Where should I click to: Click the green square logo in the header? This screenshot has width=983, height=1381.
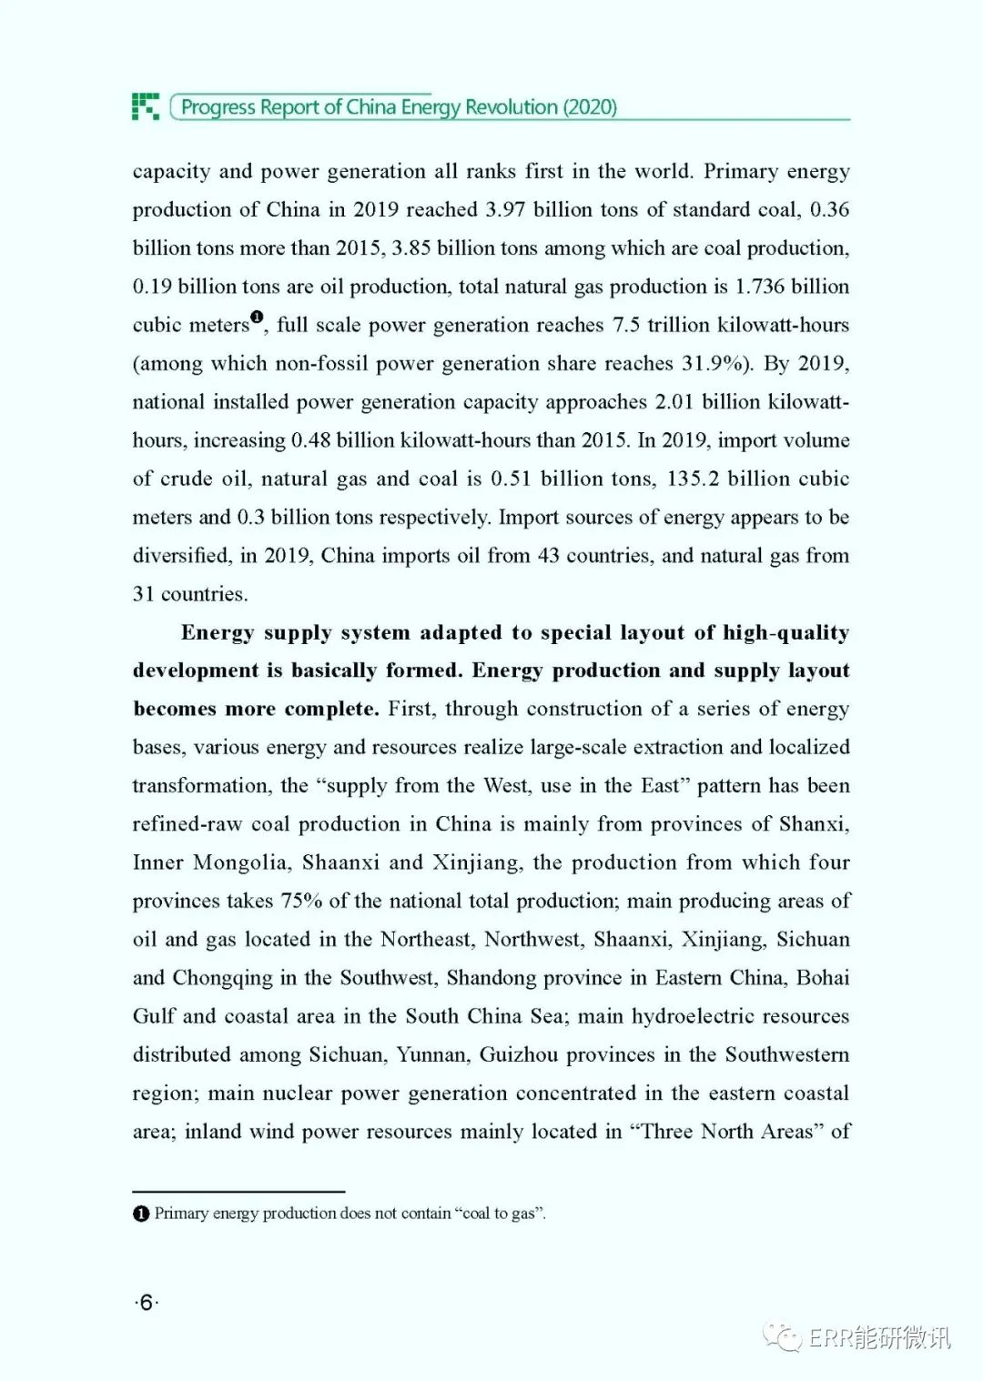[x=146, y=106]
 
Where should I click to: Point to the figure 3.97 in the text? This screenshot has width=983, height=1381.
[x=503, y=210]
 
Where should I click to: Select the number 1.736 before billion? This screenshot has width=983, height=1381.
[x=759, y=287]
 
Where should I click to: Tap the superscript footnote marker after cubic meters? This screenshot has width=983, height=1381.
[x=257, y=318]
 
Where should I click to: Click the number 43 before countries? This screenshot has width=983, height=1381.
[x=548, y=556]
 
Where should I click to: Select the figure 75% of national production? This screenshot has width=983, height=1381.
[x=301, y=901]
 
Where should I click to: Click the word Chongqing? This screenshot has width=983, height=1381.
[x=222, y=978]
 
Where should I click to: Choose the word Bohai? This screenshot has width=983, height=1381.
[x=823, y=978]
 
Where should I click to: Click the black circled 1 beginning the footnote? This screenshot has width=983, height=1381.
[x=141, y=1214]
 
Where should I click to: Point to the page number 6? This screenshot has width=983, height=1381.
[x=146, y=1303]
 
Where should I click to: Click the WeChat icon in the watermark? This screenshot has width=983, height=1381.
[x=782, y=1336]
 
